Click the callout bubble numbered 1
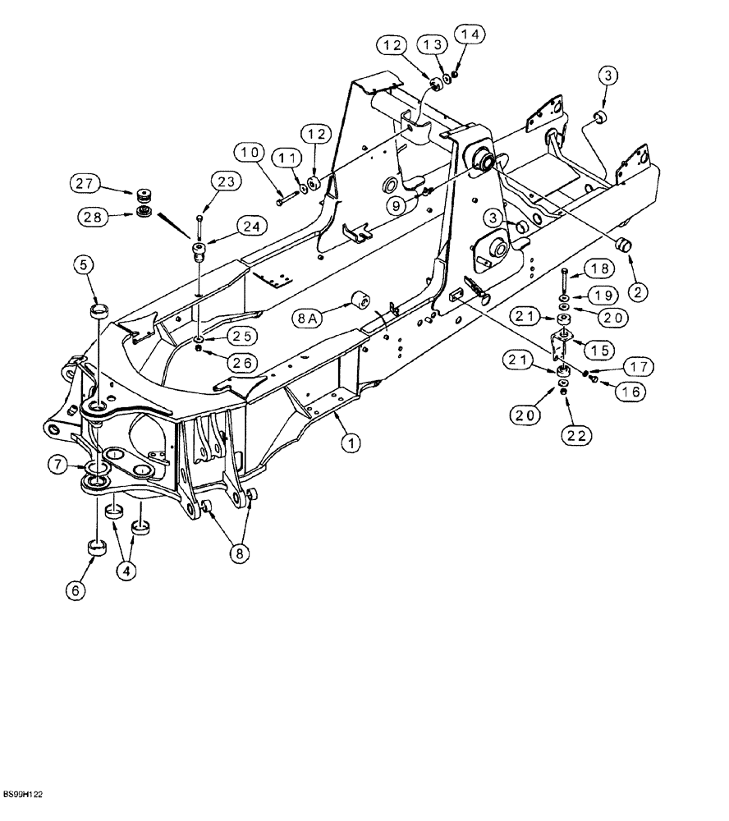pyautogui.click(x=351, y=444)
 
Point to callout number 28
pyautogui.click(x=93, y=218)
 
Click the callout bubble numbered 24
pyautogui.click(x=252, y=225)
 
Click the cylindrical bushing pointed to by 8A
pyautogui.click(x=360, y=300)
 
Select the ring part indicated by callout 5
pyautogui.click(x=99, y=310)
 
